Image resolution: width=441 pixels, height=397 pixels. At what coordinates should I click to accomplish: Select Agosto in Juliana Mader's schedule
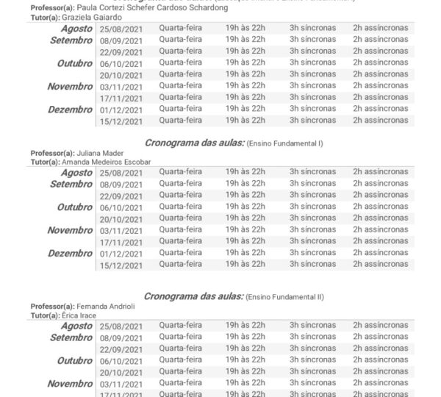[76, 173]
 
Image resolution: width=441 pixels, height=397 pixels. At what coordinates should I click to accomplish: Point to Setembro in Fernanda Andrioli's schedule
[72, 337]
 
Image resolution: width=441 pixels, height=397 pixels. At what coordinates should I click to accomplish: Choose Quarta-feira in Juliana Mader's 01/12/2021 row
[180, 252]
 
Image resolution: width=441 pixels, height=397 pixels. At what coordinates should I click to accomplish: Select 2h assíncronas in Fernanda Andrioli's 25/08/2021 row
[380, 326]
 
